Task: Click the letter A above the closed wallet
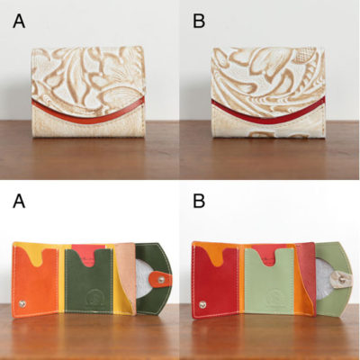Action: [19, 21]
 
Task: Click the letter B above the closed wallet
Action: [199, 21]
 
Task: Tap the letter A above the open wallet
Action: [19, 201]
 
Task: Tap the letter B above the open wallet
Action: [199, 201]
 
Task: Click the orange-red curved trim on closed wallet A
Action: [88, 112]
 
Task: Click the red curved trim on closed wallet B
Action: [268, 115]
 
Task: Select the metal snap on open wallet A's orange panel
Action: [22, 303]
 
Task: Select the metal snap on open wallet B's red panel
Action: [202, 305]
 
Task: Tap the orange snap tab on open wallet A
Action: [160, 279]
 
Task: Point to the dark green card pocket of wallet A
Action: [89, 282]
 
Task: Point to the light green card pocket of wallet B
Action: [269, 282]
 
